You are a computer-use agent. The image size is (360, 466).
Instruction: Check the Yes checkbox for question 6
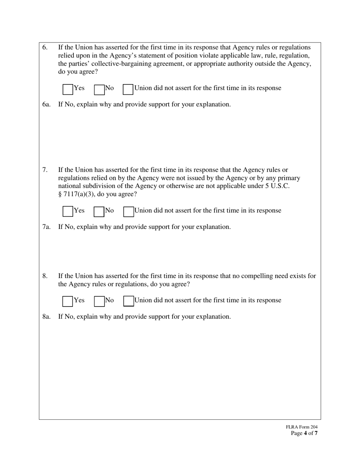(68, 89)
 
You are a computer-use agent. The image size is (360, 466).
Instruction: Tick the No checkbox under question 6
(99, 89)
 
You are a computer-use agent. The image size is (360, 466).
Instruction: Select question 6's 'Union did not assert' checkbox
(128, 89)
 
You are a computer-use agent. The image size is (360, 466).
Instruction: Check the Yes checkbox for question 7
(68, 211)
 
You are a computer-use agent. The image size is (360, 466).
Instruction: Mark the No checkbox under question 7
(99, 211)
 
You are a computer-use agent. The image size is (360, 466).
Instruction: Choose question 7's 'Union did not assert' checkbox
(128, 211)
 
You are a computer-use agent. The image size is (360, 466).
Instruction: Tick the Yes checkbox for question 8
(68, 301)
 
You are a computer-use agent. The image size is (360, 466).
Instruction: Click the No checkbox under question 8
(99, 301)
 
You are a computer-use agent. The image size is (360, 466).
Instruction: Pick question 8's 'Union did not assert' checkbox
(128, 301)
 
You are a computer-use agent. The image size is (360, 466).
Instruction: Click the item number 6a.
(46, 105)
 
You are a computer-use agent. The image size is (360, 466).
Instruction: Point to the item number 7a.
(46, 227)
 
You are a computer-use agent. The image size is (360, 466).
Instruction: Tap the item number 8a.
(46, 317)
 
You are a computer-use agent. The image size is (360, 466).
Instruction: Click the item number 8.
(45, 276)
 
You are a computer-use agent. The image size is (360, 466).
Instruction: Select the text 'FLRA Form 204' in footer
(302, 427)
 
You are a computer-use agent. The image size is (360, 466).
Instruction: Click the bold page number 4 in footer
(305, 433)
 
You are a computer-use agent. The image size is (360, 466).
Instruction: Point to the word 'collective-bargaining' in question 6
(116, 64)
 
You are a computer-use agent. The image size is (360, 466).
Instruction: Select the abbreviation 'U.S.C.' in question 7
(279, 186)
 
